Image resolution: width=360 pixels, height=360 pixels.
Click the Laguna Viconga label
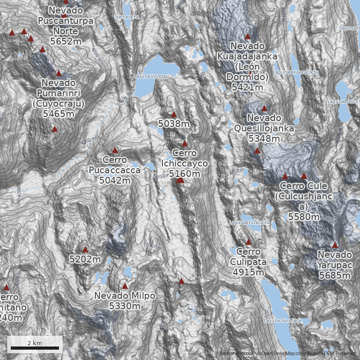(x=150, y=76)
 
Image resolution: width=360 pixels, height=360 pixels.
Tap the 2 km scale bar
(x=35, y=347)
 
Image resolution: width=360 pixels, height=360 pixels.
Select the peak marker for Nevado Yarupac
(x=335, y=245)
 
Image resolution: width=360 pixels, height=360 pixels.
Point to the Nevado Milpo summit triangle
(x=125, y=286)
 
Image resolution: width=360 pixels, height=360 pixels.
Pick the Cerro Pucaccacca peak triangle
(x=115, y=150)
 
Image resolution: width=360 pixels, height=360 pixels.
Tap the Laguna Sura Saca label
(x=282, y=320)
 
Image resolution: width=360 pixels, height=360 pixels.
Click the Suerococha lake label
(x=126, y=17)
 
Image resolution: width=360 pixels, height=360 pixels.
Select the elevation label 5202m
(x=85, y=259)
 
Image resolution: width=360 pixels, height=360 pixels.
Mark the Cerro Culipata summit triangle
(x=248, y=242)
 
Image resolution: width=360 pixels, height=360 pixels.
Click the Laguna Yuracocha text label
(x=250, y=222)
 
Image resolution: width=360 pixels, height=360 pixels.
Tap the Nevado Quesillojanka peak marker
(x=264, y=108)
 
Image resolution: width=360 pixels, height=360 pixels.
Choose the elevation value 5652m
(x=66, y=41)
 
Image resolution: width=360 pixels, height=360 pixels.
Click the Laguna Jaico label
(x=346, y=102)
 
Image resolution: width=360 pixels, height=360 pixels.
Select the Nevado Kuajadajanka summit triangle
(x=247, y=36)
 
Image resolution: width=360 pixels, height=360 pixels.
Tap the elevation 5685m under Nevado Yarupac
(x=335, y=275)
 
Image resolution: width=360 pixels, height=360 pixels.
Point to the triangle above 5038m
(x=174, y=114)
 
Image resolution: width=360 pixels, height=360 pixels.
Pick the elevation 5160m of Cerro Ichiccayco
(x=184, y=173)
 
